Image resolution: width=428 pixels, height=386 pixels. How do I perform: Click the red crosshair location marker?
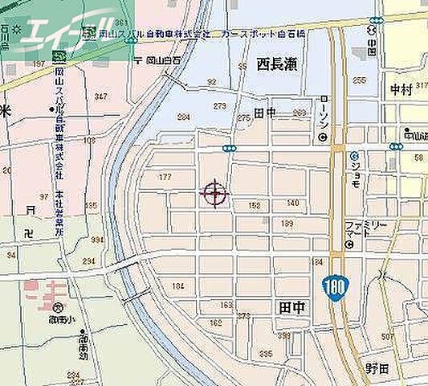pyautogui.click(x=214, y=193)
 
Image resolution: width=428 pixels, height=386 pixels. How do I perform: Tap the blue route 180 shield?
pyautogui.click(x=336, y=285)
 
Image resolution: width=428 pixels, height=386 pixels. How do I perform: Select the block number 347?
pyautogui.click(x=100, y=96)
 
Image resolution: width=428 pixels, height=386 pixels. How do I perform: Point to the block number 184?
pyautogui.click(x=178, y=286)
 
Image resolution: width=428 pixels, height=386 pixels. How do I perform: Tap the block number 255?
pyautogui.click(x=359, y=80)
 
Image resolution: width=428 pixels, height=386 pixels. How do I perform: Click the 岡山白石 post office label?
pyautogui.click(x=158, y=60)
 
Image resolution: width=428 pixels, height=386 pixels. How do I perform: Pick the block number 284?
pyautogui.click(x=183, y=117)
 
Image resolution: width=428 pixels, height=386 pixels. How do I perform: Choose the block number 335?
pyautogui.click(x=265, y=354)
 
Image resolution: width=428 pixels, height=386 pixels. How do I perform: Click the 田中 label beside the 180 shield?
pyautogui.click(x=291, y=307)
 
